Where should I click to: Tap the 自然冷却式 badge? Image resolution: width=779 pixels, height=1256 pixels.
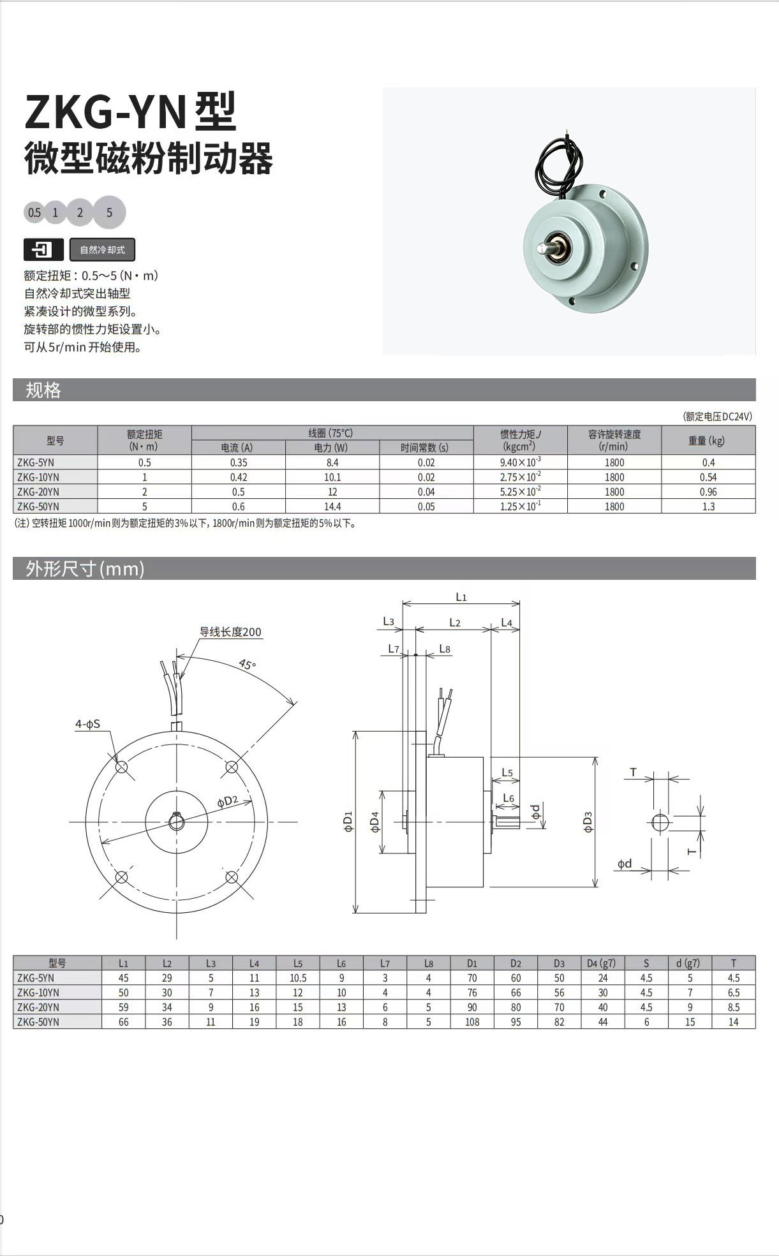point(102,250)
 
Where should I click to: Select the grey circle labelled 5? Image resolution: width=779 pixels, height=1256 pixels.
point(109,212)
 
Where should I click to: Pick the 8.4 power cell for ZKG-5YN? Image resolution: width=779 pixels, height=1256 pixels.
point(332,462)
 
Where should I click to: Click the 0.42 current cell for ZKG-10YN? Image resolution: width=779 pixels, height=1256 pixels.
point(239,477)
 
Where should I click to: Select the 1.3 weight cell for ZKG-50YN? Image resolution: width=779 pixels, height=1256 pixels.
point(708,506)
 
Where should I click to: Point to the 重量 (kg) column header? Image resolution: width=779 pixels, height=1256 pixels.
point(708,441)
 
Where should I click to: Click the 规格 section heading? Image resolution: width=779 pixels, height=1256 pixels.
point(43,390)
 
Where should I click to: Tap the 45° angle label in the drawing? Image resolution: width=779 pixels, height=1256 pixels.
point(248,664)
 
